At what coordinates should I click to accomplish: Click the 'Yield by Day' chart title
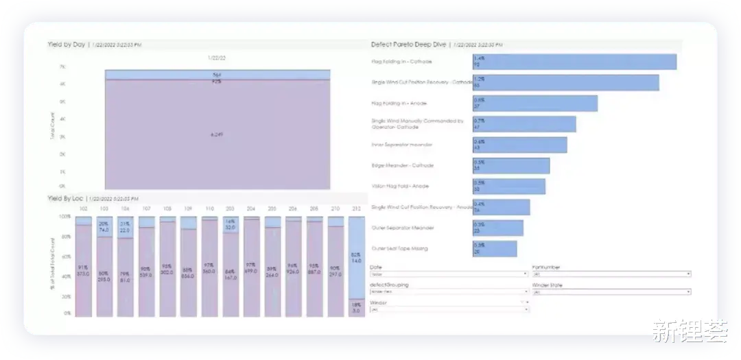point(67,45)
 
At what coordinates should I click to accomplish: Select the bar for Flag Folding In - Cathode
point(574,62)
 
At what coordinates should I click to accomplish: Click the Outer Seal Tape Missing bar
point(495,248)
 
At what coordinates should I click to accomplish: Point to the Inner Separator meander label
point(402,145)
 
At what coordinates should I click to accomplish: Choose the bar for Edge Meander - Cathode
point(511,165)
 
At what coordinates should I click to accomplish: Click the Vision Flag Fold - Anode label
point(400,186)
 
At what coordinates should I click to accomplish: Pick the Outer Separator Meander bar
point(498,228)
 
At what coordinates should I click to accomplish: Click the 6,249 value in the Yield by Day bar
point(217,134)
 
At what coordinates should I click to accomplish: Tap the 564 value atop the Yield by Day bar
point(217,74)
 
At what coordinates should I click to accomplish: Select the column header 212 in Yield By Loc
point(355,208)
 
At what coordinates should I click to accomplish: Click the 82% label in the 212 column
point(355,254)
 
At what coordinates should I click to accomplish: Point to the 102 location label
point(83,208)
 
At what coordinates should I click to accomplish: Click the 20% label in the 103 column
point(104,224)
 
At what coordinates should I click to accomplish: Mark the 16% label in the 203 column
point(230,222)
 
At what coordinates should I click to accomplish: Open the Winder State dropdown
point(611,291)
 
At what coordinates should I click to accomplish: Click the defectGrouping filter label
point(390,285)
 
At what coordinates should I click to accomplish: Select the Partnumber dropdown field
point(611,274)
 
